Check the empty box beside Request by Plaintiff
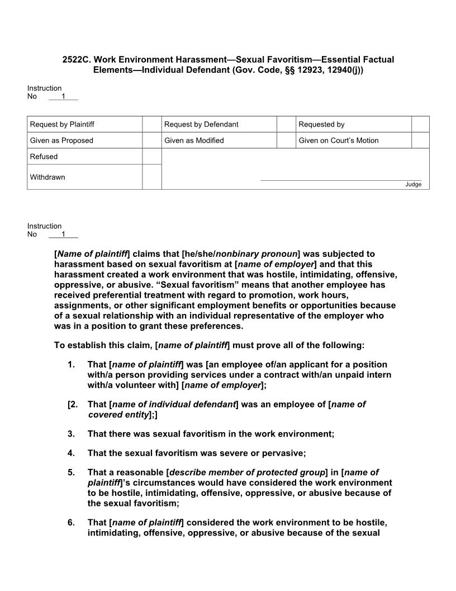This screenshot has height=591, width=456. (x=152, y=124)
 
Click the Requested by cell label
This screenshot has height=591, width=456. (x=321, y=124)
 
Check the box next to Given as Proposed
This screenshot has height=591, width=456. (x=152, y=140)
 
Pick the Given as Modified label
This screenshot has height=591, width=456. (x=194, y=140)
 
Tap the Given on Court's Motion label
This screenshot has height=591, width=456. (x=338, y=140)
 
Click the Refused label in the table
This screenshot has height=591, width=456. (x=44, y=157)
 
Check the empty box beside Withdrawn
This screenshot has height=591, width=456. (x=152, y=177)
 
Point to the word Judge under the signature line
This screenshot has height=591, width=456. (x=413, y=185)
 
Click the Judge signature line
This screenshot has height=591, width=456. (x=341, y=180)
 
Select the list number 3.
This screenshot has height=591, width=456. (x=71, y=434)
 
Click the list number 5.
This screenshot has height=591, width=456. (x=71, y=472)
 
